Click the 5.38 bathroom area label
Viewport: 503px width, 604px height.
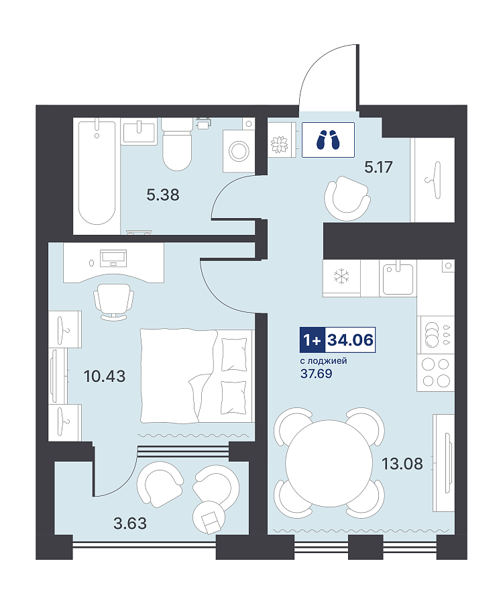(163, 195)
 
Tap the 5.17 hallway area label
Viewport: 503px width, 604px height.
(378, 167)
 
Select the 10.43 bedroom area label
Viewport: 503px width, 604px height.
(105, 376)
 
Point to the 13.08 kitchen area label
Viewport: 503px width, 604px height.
(402, 464)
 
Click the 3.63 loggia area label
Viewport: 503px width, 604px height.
(130, 523)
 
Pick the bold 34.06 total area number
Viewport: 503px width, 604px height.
(350, 340)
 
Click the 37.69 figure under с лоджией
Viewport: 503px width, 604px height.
(317, 374)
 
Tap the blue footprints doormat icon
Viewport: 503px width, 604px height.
(328, 140)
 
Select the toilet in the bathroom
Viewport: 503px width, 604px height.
(176, 144)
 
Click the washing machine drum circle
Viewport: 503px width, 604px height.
(239, 150)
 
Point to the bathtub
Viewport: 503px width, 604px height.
(97, 172)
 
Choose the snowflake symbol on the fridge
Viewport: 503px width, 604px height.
(341, 276)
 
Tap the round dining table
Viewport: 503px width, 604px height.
(328, 463)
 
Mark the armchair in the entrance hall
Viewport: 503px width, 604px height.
(347, 198)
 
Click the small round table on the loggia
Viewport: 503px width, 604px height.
(209, 517)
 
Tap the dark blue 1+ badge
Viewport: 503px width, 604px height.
(313, 340)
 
